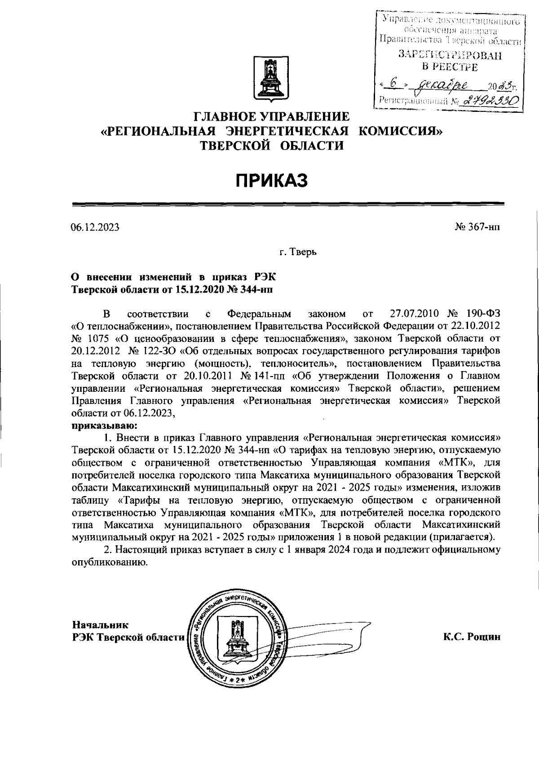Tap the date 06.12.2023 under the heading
pos(95,227)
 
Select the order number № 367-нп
pos(477,227)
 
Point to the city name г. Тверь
pos(298,253)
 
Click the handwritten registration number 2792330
pos(489,101)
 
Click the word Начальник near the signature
pos(100,625)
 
